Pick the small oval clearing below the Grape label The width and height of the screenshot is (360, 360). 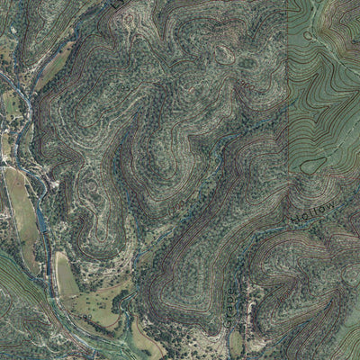[236, 342]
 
